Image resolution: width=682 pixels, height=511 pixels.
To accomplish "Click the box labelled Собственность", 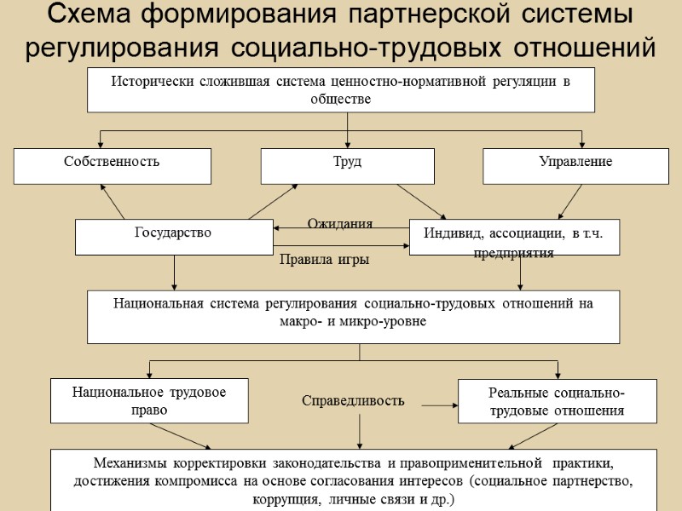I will (x=112, y=165).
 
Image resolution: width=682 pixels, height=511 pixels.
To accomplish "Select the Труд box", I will (x=347, y=165).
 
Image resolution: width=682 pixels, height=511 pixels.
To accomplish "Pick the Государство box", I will (x=174, y=236).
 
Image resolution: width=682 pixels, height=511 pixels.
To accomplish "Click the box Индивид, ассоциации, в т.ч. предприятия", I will (x=514, y=237).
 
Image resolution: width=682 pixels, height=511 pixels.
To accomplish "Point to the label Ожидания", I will (x=340, y=223).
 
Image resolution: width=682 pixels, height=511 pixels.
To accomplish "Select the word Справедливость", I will (x=353, y=400).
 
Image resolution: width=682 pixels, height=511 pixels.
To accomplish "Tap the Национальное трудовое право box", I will (x=149, y=400).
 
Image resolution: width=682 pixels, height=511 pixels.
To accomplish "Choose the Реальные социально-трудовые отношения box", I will (x=557, y=401).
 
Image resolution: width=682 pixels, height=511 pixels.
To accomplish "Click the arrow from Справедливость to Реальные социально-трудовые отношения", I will (x=441, y=406).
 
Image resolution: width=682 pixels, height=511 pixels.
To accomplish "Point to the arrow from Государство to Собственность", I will (x=113, y=202).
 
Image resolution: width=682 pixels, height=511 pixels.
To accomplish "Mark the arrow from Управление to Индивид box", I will (x=570, y=202).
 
